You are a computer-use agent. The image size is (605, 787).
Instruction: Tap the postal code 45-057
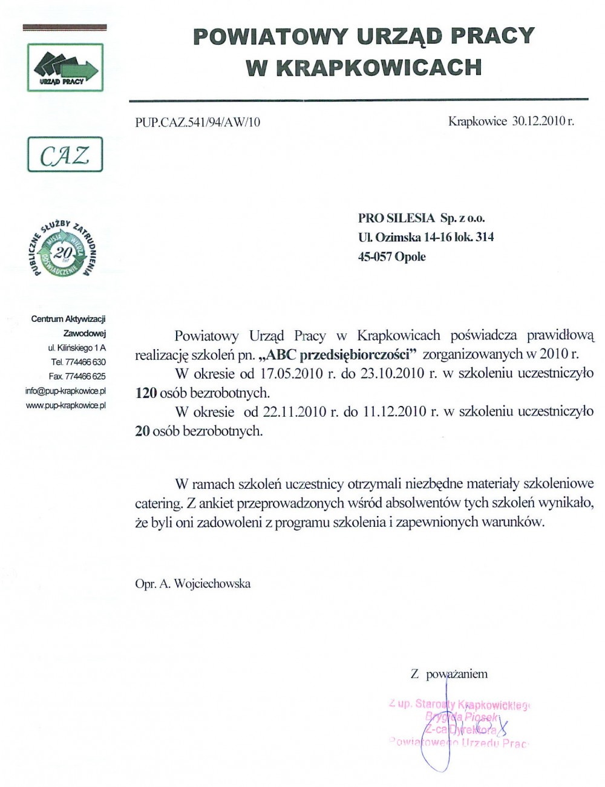coord(375,256)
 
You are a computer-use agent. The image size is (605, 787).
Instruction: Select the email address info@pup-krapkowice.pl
coord(65,391)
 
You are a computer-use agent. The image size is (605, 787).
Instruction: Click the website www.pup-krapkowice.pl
coord(66,405)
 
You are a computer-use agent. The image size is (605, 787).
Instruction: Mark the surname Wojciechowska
coord(212,584)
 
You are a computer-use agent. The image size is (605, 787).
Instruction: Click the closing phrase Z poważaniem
coord(449,674)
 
